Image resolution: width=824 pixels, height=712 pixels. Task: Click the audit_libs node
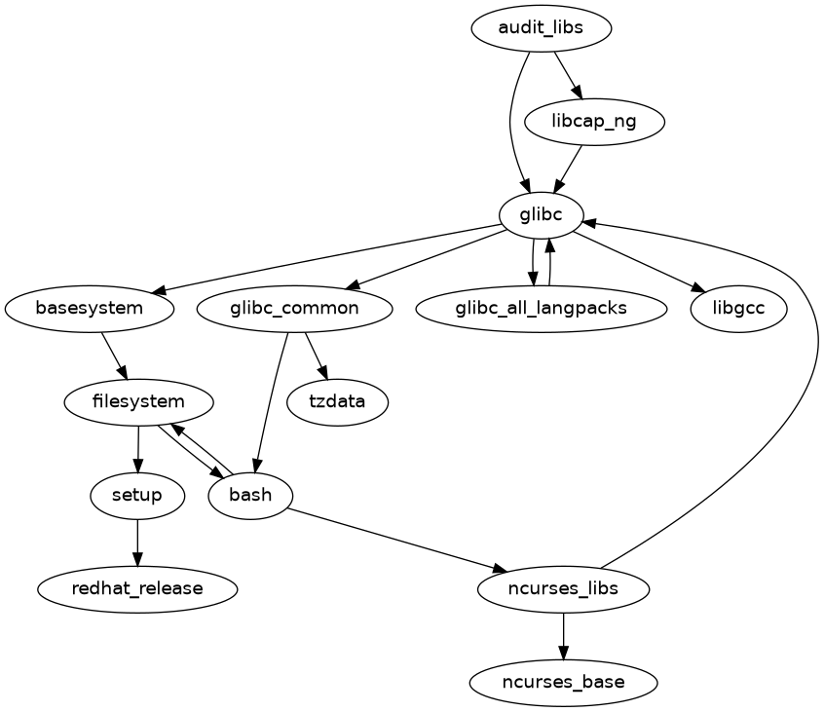(541, 28)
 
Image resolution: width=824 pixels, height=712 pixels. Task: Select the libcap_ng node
(594, 122)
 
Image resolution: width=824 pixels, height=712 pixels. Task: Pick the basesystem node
(90, 309)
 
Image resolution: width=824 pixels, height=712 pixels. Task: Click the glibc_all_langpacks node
(542, 309)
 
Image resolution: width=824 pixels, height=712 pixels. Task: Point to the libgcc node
(738, 309)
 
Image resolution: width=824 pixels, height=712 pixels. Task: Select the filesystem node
(138, 401)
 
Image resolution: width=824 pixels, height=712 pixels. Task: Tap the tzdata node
(338, 401)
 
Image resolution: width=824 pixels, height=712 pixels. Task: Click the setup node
(137, 495)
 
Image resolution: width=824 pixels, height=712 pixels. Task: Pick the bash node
(250, 495)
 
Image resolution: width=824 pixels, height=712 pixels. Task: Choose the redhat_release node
(137, 588)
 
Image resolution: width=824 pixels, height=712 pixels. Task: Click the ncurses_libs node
(564, 588)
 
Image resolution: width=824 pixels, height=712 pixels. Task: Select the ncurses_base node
(564, 682)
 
